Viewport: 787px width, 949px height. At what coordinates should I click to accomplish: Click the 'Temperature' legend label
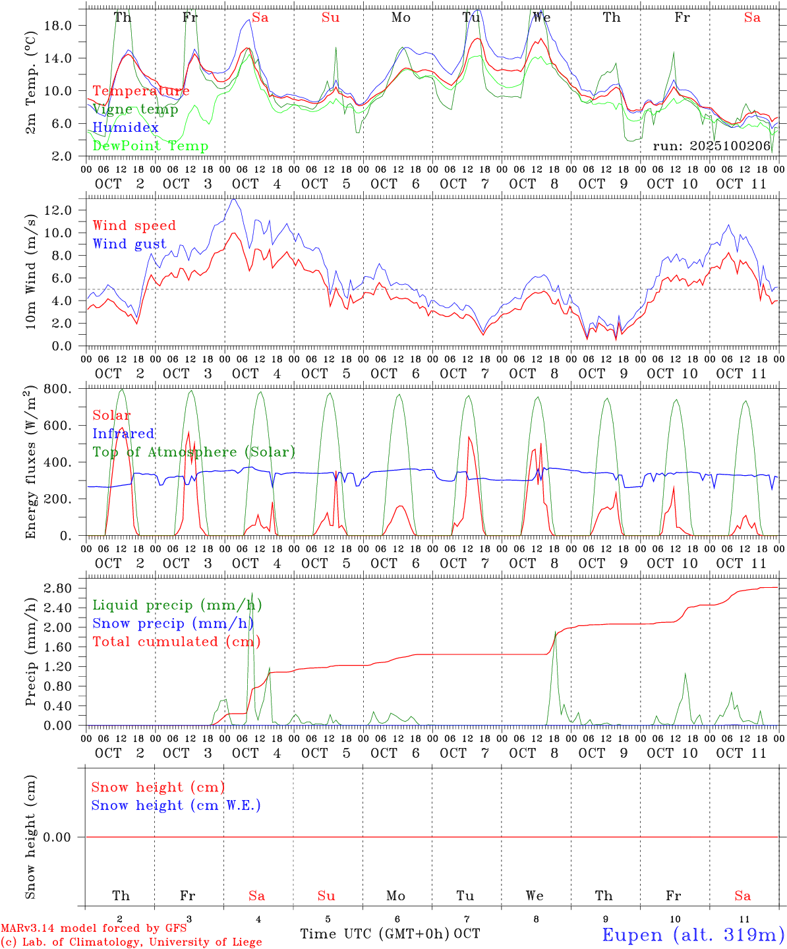pyautogui.click(x=141, y=91)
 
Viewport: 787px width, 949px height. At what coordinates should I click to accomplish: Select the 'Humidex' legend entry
pyautogui.click(x=126, y=128)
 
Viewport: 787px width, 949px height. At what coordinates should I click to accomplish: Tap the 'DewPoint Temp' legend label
pyautogui.click(x=150, y=146)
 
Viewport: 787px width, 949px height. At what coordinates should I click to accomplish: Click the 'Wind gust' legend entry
pyautogui.click(x=129, y=244)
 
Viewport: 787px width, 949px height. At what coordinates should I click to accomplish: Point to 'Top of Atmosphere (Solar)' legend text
pyautogui.click(x=194, y=452)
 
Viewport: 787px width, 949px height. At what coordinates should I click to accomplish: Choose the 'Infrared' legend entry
pyautogui.click(x=123, y=434)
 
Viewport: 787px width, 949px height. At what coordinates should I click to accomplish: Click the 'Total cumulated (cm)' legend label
pyautogui.click(x=176, y=642)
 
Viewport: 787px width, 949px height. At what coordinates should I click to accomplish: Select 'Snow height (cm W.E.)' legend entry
pyautogui.click(x=176, y=805)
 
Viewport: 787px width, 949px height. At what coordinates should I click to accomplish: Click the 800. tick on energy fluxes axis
pyautogui.click(x=66, y=389)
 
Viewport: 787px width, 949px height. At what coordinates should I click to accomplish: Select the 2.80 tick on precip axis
pyautogui.click(x=66, y=589)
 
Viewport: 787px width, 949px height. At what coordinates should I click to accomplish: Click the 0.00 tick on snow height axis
pyautogui.click(x=66, y=837)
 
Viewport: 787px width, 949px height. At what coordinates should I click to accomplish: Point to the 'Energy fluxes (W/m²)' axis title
pyautogui.click(x=30, y=464)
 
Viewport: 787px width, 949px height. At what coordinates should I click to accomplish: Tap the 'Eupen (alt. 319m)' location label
pyautogui.click(x=693, y=935)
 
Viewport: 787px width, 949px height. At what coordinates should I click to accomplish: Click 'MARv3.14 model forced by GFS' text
pyautogui.click(x=93, y=929)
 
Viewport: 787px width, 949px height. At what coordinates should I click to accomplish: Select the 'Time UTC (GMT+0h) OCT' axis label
pyautogui.click(x=390, y=934)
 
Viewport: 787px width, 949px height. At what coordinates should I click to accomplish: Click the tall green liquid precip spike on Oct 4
pyautogui.click(x=252, y=594)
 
